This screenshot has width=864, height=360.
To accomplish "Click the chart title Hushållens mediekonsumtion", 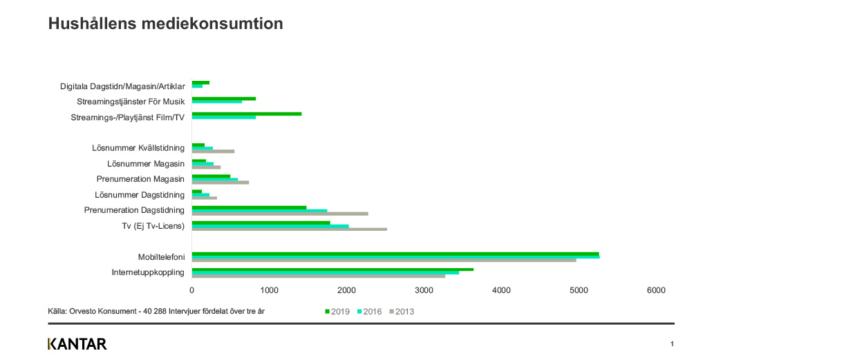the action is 165,24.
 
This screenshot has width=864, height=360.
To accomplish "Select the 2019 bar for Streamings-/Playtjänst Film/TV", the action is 247,114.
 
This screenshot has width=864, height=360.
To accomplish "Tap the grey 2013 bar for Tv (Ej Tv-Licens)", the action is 290,229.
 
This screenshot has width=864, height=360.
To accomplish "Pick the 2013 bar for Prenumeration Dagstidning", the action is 280,214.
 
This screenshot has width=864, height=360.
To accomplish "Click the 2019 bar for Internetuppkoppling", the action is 332,269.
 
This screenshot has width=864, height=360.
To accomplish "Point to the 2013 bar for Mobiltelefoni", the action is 384,260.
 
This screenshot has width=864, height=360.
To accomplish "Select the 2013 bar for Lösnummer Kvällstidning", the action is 213,151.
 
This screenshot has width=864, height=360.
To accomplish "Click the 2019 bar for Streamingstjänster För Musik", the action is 224,99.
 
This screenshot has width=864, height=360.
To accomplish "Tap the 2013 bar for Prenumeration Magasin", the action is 220,182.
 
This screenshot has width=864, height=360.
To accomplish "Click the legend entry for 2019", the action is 337,312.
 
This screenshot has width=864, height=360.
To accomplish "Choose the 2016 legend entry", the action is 370,312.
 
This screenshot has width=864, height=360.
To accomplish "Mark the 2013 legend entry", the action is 402,312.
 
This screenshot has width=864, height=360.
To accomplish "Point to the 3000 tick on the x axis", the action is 424,290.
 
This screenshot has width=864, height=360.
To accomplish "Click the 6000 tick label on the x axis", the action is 656,290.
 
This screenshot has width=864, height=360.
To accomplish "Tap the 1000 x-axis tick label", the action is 270,290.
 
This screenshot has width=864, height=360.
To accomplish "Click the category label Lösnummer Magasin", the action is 146,164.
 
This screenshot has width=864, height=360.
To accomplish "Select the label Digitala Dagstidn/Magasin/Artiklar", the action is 122,86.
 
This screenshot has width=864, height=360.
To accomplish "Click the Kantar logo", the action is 77,344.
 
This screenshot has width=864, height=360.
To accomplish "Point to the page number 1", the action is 672,344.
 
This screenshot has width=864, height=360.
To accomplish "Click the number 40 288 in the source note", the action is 154,311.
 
